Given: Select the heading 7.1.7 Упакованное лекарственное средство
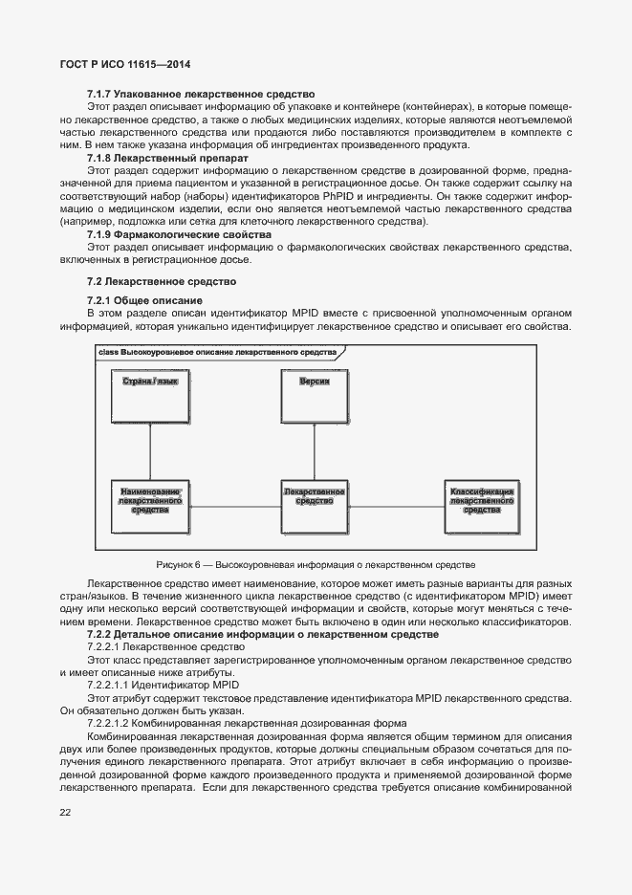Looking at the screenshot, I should pos(201,95).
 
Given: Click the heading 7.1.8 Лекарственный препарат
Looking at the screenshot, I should pos(167,157).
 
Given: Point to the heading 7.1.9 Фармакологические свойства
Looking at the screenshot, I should pos(179,234).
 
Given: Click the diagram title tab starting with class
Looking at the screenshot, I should pos(218,352).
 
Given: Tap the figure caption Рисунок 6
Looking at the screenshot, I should pos(316,564).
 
